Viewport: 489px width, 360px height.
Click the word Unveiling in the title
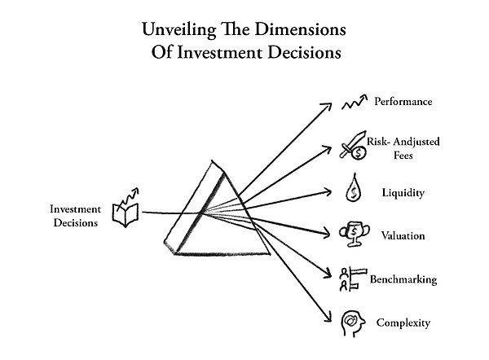pyautogui.click(x=179, y=30)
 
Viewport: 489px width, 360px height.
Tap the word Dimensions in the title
pyautogui.click(x=300, y=29)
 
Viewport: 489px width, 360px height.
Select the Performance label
pyautogui.click(x=403, y=102)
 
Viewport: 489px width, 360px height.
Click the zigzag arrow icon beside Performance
pyautogui.click(x=355, y=102)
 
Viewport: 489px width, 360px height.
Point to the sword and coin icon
pyautogui.click(x=354, y=145)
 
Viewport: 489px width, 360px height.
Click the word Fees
pyautogui.click(x=403, y=156)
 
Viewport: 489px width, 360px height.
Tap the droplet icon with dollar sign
pyautogui.click(x=354, y=188)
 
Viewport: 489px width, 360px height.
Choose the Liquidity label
pyautogui.click(x=403, y=192)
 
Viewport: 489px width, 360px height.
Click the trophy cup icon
pyautogui.click(x=355, y=234)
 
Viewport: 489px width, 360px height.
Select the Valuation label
pyautogui.click(x=403, y=235)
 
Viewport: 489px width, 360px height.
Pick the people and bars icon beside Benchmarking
pyautogui.click(x=353, y=279)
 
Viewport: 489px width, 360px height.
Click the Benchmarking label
pyautogui.click(x=403, y=279)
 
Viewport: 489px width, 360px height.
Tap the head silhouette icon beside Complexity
pyautogui.click(x=352, y=324)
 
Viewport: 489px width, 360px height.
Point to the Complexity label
pyautogui.click(x=403, y=323)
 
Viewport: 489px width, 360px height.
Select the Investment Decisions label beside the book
pyautogui.click(x=76, y=216)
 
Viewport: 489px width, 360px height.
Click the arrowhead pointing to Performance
pyautogui.click(x=328, y=106)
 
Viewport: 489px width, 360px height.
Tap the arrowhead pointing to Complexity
pyautogui.click(x=328, y=318)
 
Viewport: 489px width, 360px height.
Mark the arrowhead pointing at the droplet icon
pyautogui.click(x=328, y=191)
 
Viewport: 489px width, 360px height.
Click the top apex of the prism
pyautogui.click(x=212, y=161)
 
